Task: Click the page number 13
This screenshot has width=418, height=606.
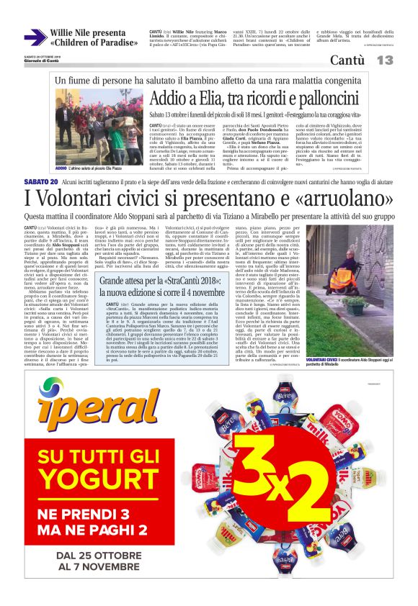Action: pyautogui.click(x=383, y=61)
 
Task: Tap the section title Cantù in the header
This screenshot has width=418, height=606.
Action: pyautogui.click(x=347, y=61)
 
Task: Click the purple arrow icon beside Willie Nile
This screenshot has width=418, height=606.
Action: pyautogui.click(x=35, y=37)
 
